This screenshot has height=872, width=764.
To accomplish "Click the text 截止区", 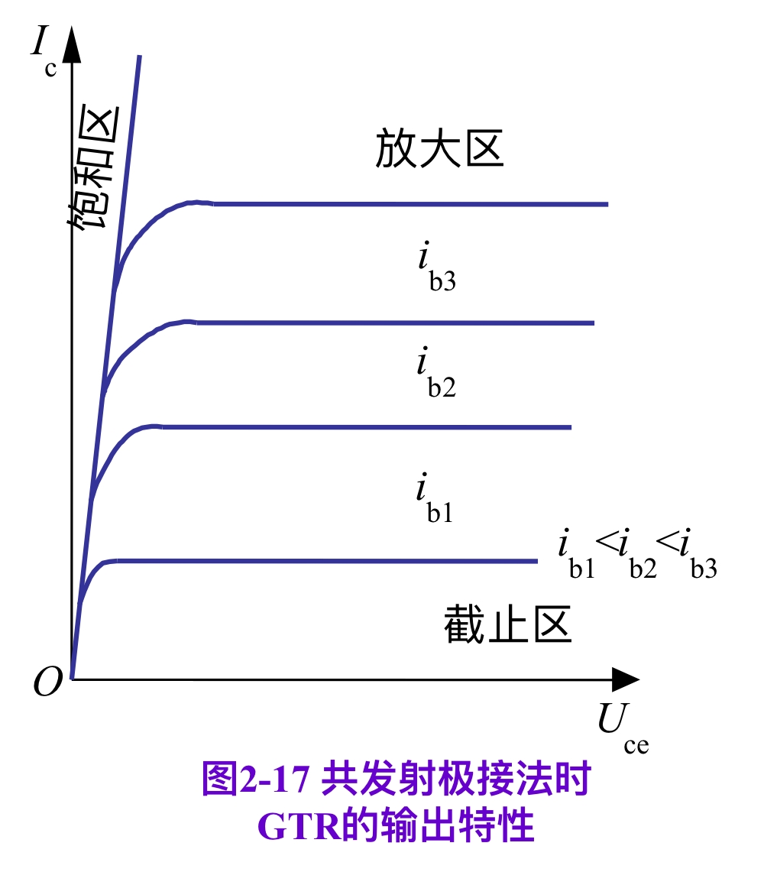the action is tap(508, 627).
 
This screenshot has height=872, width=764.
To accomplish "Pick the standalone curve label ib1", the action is tap(435, 498).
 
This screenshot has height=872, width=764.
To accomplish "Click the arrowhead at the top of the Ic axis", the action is tap(71, 47).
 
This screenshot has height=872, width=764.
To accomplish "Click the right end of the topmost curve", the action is tap(607, 204).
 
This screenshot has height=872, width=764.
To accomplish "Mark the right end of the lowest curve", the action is tap(537, 561).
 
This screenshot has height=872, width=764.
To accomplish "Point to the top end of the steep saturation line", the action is tap(140, 57).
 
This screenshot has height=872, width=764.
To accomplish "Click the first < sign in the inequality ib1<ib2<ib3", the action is tap(606, 545).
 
